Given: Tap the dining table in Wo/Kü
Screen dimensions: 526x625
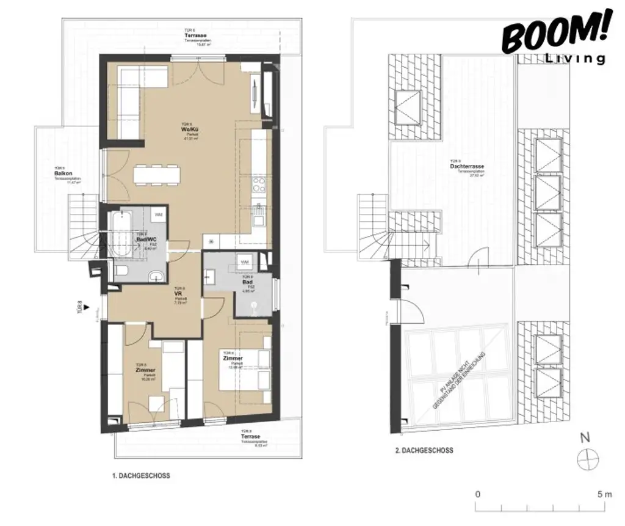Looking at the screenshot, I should [157, 175].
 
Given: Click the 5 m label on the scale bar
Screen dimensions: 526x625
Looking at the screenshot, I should [604, 494].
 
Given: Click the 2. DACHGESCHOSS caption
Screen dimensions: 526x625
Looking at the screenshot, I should [424, 450].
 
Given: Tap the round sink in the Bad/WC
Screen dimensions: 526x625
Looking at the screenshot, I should [156, 275].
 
